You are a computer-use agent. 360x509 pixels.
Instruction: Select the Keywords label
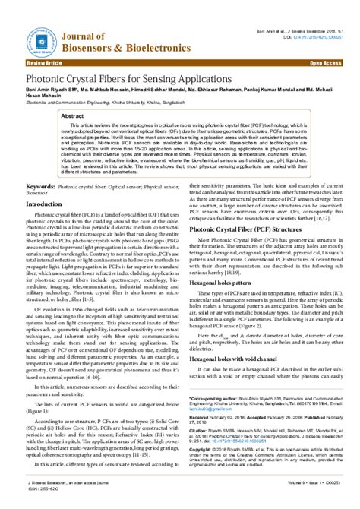[x=45, y=185]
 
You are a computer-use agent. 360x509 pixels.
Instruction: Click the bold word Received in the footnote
[x=201, y=418]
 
